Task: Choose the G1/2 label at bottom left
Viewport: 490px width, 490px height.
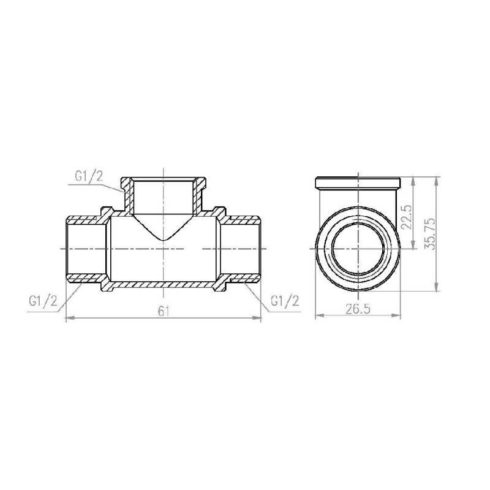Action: pos(43,301)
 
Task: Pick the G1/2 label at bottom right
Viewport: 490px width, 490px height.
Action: pos(284,301)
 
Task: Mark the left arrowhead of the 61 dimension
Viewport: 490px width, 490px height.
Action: pos(68,317)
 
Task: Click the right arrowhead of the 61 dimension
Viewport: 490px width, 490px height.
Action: pos(258,317)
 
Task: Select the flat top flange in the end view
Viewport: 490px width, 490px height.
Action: pos(357,182)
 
